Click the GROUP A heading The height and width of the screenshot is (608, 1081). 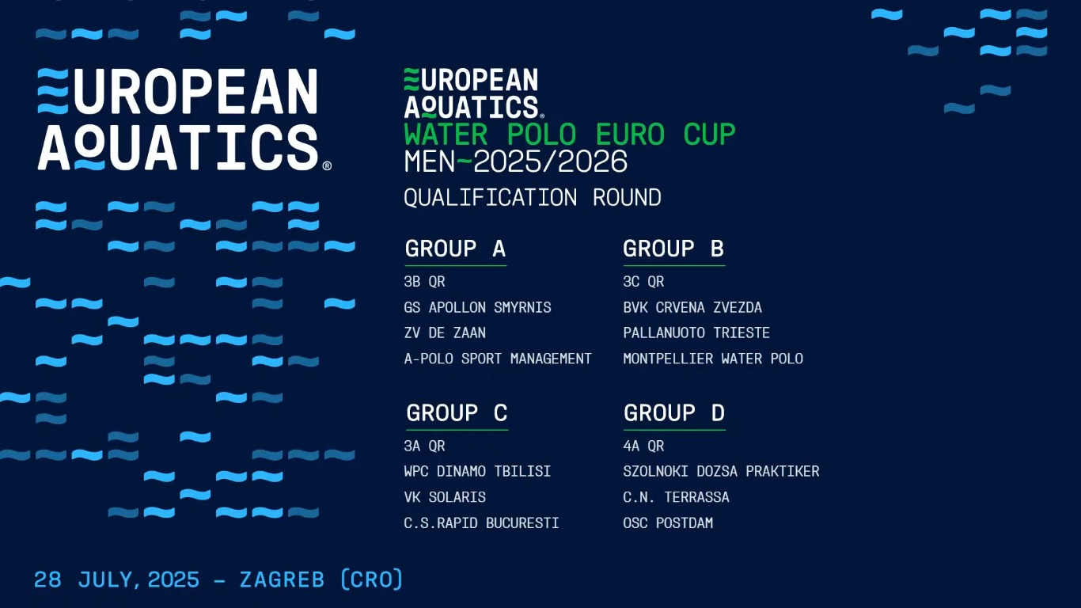[x=455, y=249]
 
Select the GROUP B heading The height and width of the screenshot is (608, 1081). [x=673, y=249]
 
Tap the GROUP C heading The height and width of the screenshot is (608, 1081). [x=457, y=413]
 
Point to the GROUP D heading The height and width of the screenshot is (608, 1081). [x=674, y=413]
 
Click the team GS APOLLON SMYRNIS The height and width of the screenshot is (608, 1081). [x=477, y=308]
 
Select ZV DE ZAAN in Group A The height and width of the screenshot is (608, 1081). [x=445, y=332]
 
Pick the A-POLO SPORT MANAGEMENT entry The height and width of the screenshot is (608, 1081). [x=498, y=359]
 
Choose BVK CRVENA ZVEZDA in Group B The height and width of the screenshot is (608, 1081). [x=692, y=308]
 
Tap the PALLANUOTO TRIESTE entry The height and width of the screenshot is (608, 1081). [x=696, y=332]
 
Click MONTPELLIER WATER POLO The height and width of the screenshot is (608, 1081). [x=713, y=359]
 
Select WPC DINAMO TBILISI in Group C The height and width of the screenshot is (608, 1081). [x=477, y=471]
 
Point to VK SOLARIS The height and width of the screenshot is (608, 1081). [x=445, y=497]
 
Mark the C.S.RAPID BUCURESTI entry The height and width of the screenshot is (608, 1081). [x=481, y=523]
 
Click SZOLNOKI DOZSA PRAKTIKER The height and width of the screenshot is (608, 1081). [x=721, y=471]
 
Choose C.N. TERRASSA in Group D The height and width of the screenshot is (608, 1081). [x=676, y=497]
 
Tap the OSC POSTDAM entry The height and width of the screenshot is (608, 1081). [x=668, y=523]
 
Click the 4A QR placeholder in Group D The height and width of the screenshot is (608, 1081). [x=643, y=446]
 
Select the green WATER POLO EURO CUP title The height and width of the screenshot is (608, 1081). [x=570, y=135]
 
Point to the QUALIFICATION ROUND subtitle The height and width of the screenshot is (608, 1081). [x=533, y=197]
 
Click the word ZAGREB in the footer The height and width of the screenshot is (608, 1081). [x=282, y=579]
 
